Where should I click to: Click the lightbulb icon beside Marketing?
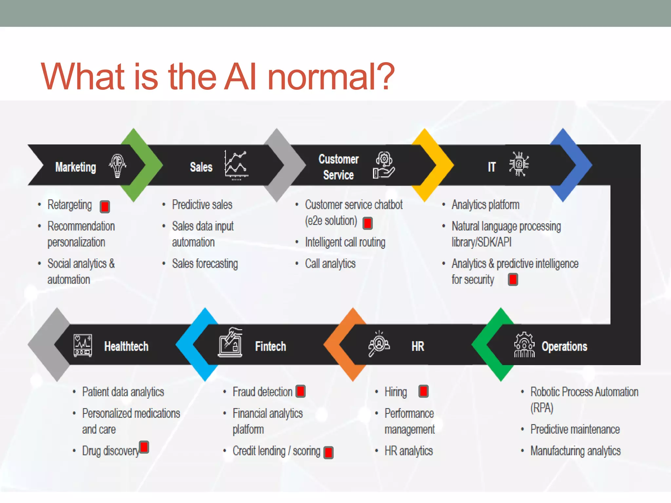(x=117, y=165)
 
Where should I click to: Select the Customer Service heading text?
(x=338, y=167)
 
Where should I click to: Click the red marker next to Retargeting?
(x=105, y=207)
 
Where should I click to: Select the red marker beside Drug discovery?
(x=144, y=447)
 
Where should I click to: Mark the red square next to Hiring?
(x=423, y=391)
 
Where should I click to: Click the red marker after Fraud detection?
(x=300, y=391)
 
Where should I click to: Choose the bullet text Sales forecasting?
(x=205, y=264)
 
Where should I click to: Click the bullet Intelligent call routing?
(x=345, y=242)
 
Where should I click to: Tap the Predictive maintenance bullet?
(x=575, y=429)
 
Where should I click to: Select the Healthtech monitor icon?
(x=83, y=345)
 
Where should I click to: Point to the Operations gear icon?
(x=524, y=345)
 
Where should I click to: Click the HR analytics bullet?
(x=409, y=451)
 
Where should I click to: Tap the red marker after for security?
(x=513, y=280)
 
